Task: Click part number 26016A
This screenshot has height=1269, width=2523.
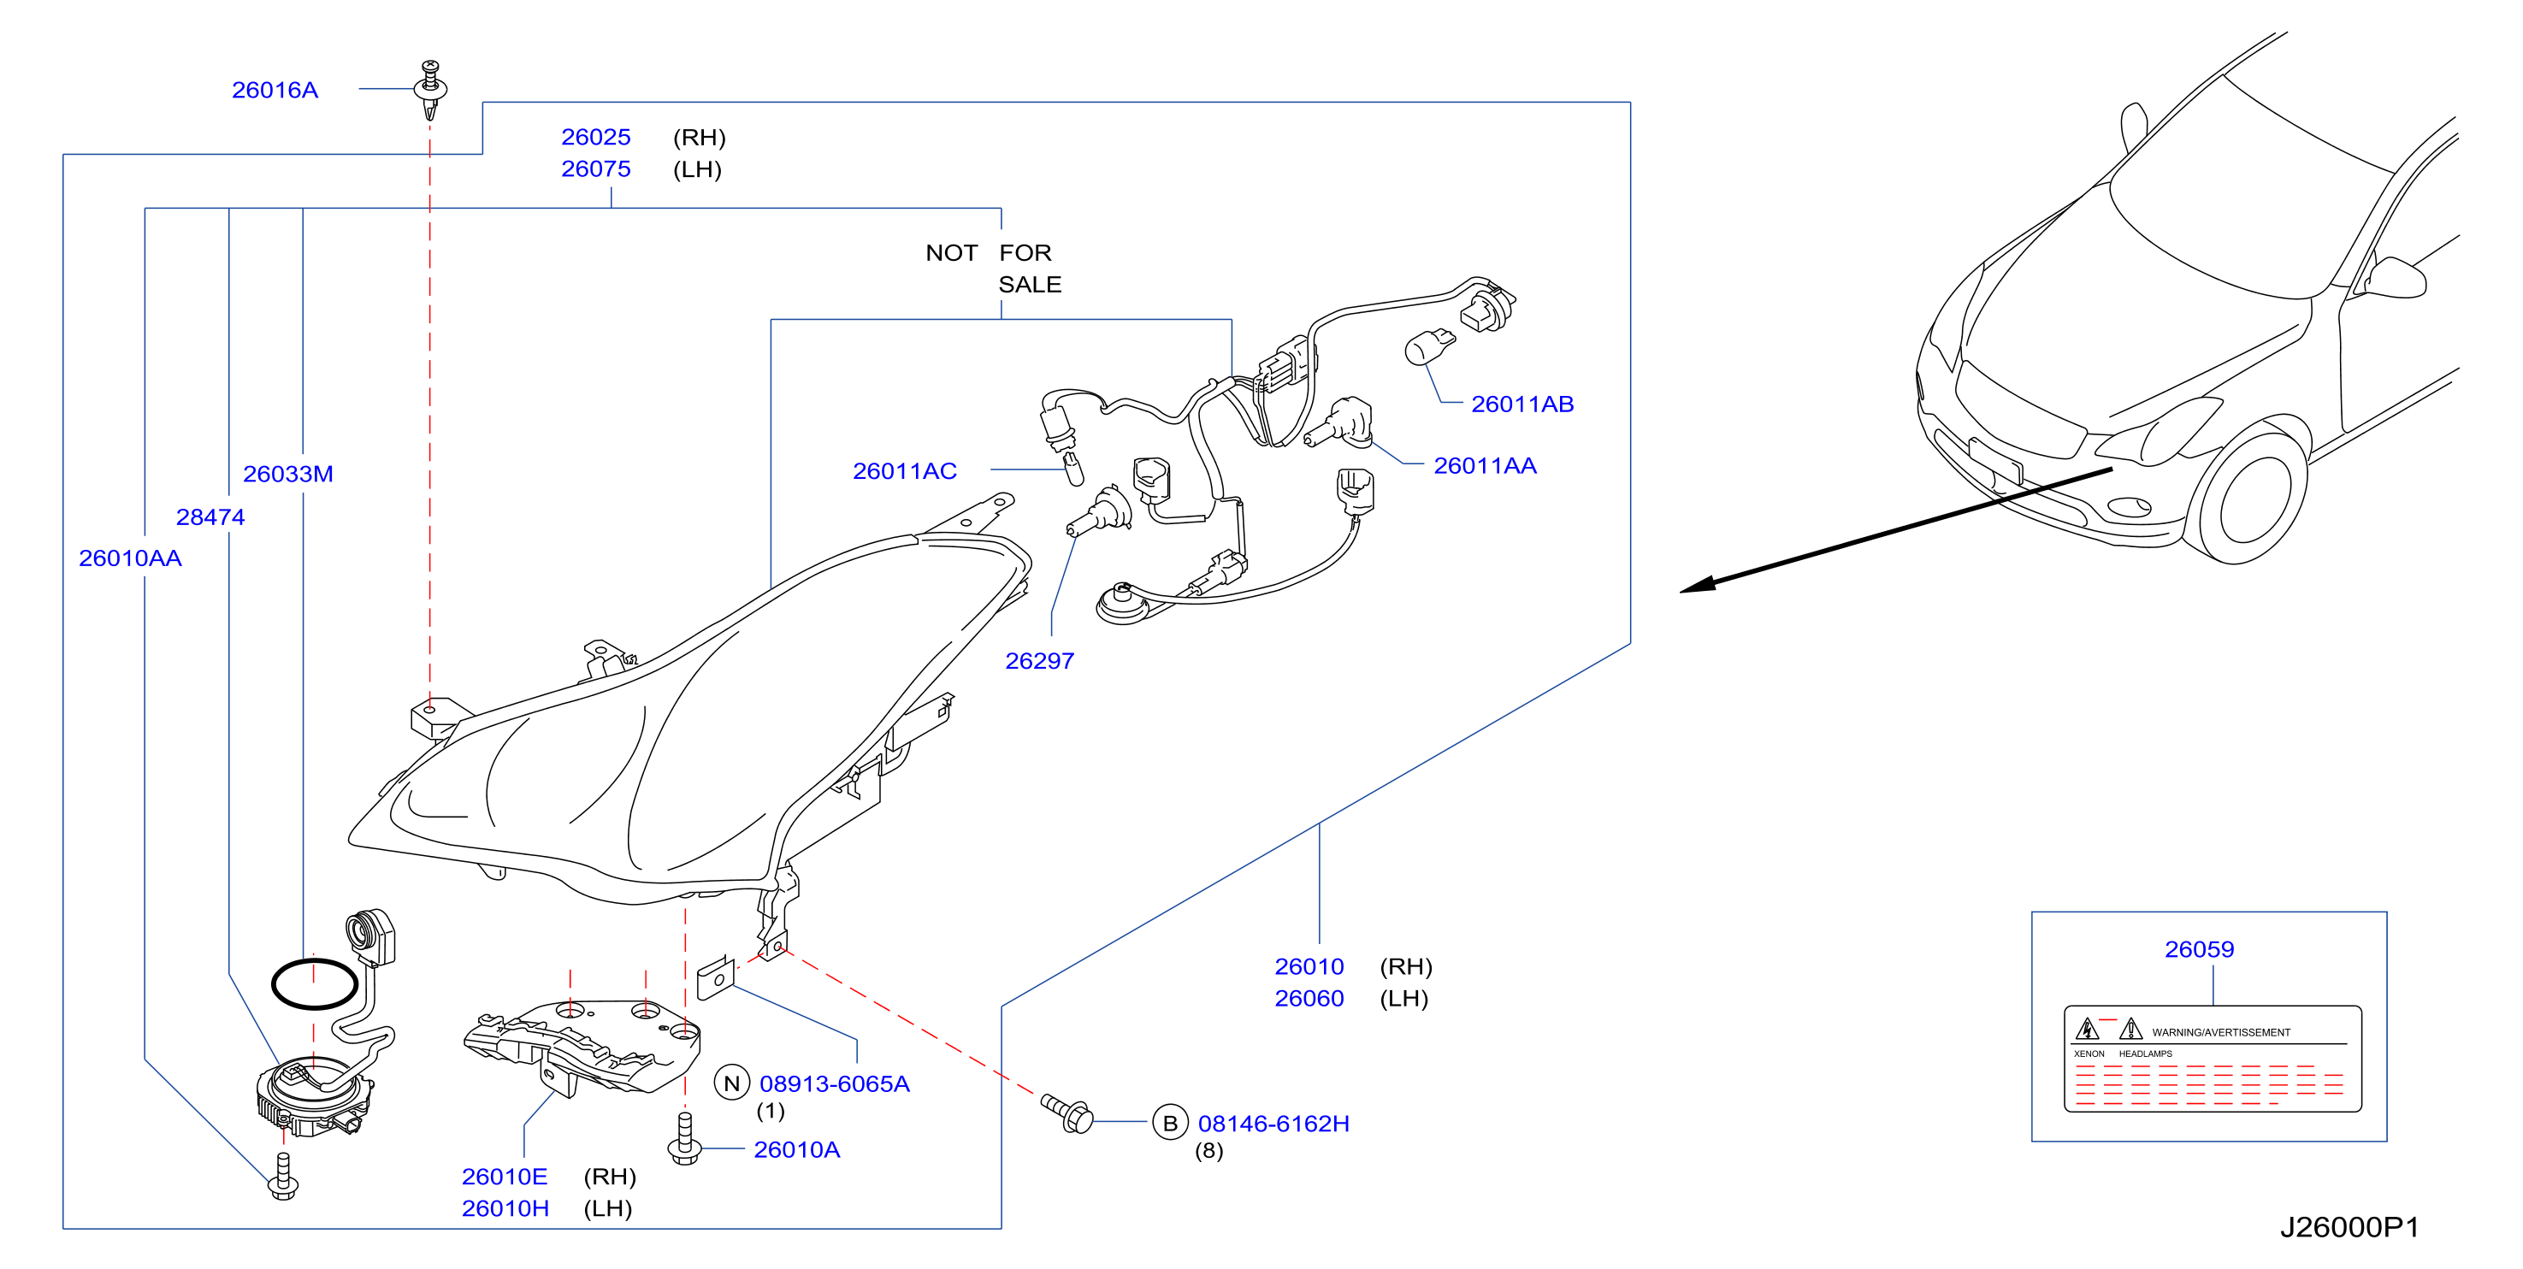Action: coord(275,90)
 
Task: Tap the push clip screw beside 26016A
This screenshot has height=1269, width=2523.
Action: coord(430,89)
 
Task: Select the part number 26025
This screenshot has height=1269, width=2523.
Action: coord(595,137)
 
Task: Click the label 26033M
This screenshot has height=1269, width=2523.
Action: coord(288,474)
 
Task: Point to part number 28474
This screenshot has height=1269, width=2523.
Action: coord(210,517)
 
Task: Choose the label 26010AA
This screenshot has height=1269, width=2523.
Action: coord(130,558)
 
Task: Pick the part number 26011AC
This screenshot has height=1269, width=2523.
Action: coord(904,471)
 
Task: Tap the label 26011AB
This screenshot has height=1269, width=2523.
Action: coord(1522,404)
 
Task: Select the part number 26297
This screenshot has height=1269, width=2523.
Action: coord(1039,661)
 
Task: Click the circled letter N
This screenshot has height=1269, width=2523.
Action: coord(731,1083)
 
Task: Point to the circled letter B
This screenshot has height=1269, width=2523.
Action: coord(1169,1123)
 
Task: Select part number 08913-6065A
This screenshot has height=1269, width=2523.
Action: coord(835,1084)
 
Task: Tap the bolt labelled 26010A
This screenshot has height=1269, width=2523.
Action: coord(684,1139)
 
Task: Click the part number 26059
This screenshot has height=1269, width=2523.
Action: coord(2199,949)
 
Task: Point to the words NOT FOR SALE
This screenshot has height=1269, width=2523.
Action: coord(993,269)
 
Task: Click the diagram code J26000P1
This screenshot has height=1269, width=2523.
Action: coord(2349,1227)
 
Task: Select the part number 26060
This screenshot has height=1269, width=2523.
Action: coord(1309,999)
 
